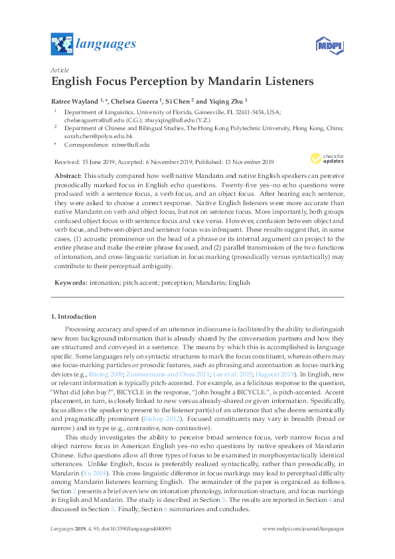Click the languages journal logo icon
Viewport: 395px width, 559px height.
(62, 45)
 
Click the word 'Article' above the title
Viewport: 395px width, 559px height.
(60, 70)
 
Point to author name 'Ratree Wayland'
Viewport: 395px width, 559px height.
(74, 102)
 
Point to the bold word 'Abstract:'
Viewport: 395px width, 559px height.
(68, 176)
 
